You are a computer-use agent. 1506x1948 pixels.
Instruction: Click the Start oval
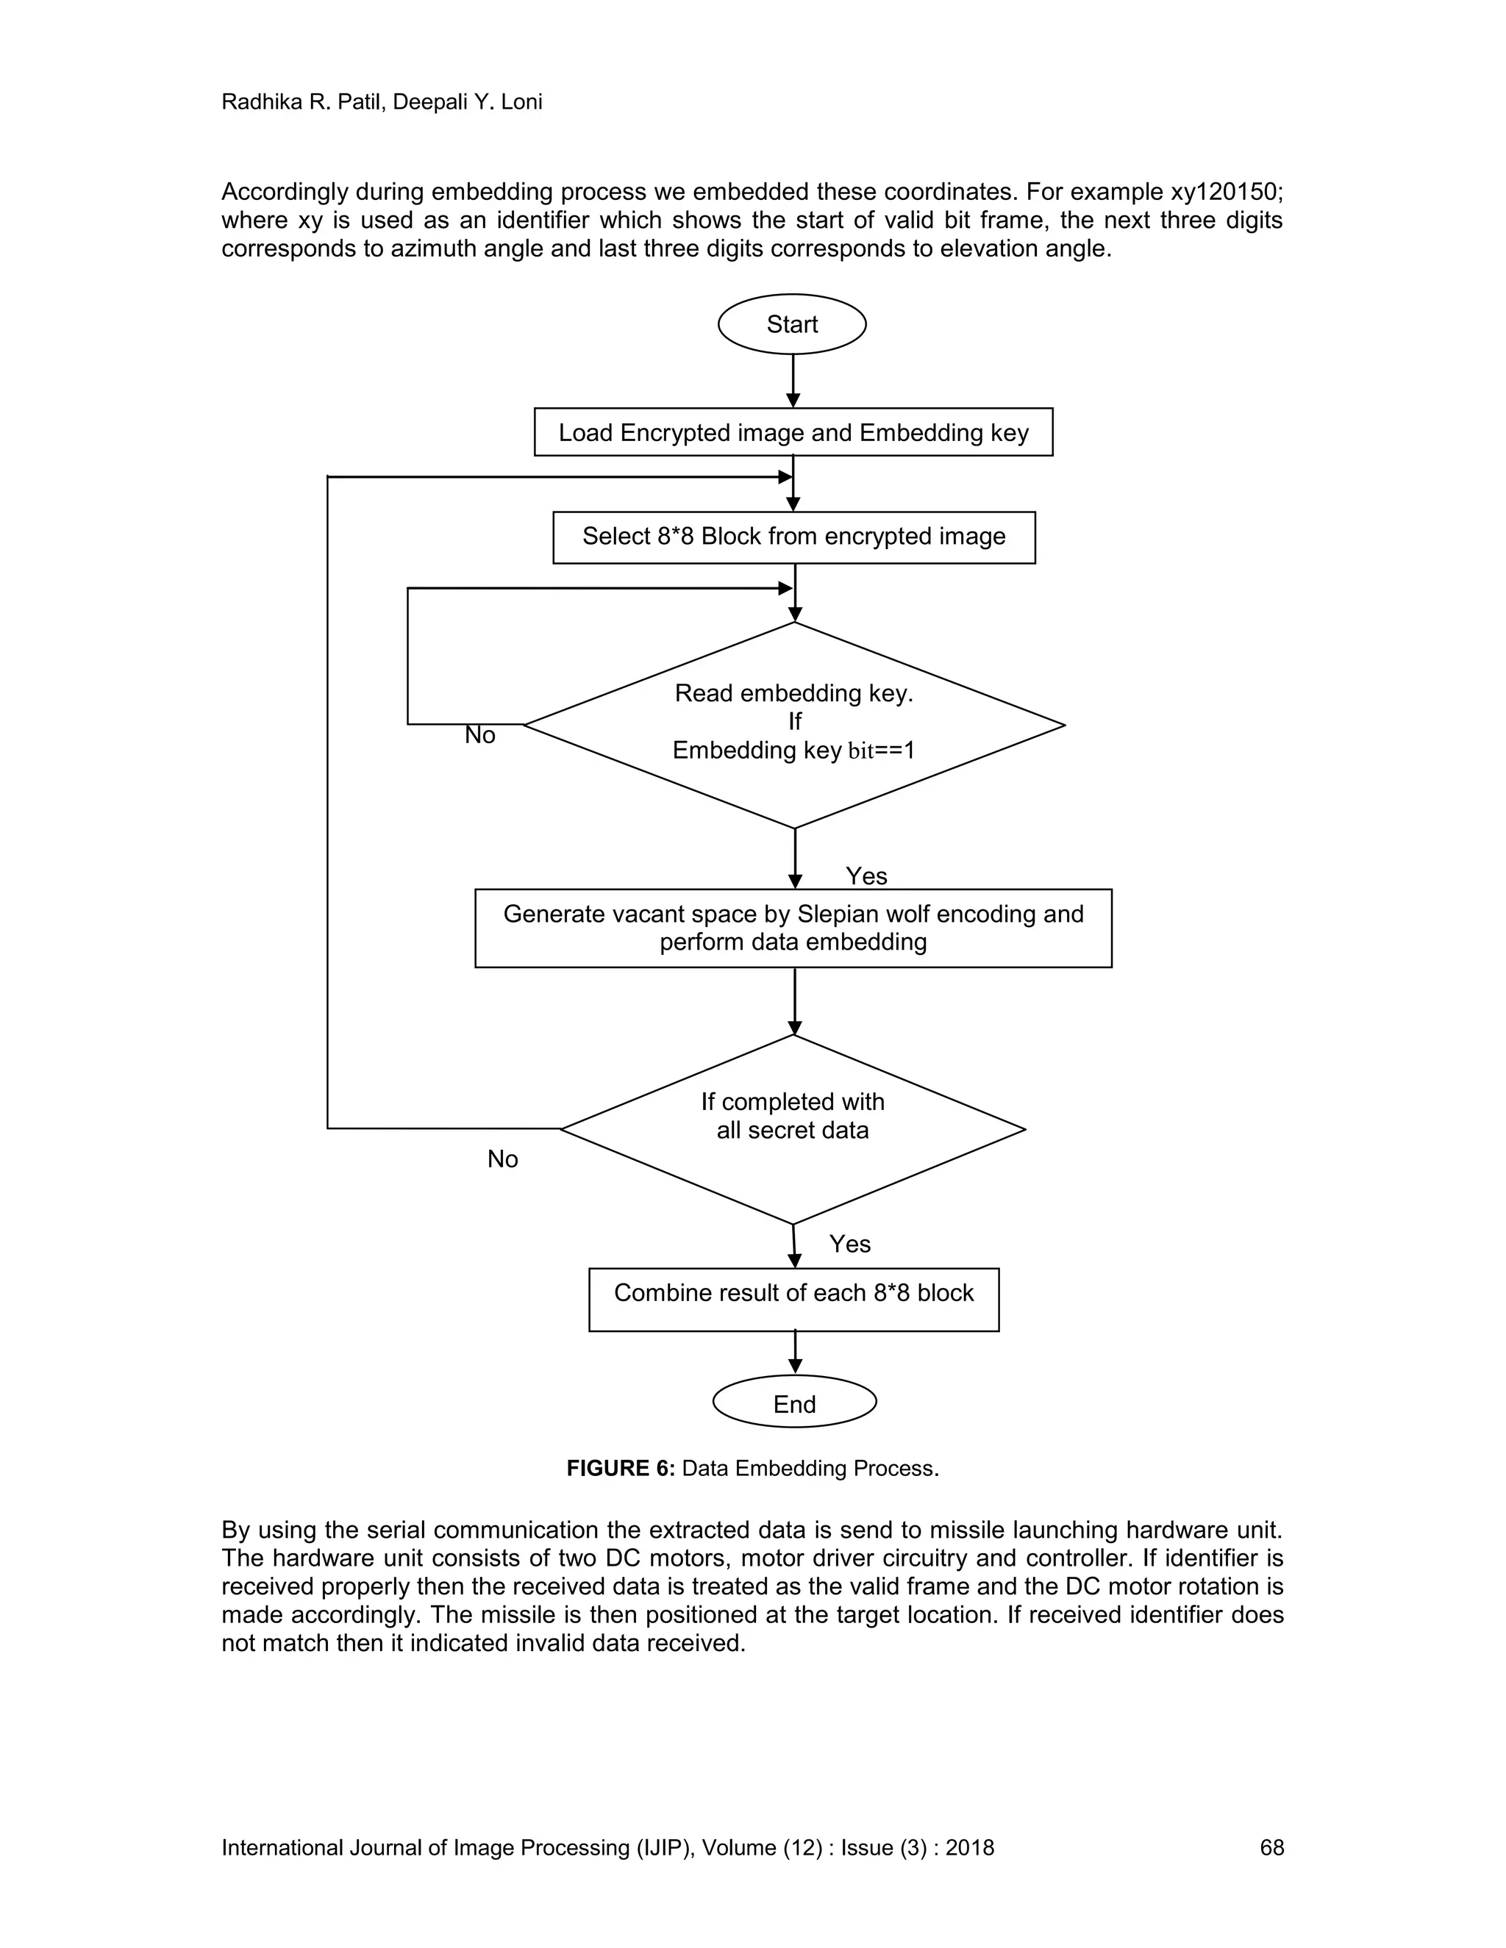click(x=791, y=323)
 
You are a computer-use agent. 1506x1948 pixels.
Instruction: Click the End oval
click(x=794, y=1404)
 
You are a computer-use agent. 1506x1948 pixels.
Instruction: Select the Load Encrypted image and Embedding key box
click(x=793, y=432)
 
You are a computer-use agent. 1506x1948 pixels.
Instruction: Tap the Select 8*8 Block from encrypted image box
click(x=793, y=537)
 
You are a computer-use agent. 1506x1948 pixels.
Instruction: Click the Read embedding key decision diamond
click(x=793, y=723)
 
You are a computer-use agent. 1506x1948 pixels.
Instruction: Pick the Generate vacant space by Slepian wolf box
click(x=793, y=928)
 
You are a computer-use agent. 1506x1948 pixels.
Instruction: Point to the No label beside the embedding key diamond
click(x=480, y=735)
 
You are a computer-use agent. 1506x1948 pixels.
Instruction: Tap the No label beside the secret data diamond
click(x=502, y=1159)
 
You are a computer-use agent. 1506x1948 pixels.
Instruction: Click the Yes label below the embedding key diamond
click(x=866, y=876)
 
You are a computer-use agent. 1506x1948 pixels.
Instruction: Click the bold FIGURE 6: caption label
click(x=620, y=1468)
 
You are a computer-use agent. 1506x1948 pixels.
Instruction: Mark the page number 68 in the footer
click(x=1271, y=1847)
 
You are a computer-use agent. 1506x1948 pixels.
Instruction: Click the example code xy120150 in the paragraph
click(x=1225, y=192)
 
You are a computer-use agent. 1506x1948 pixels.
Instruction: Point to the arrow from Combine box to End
click(x=795, y=1352)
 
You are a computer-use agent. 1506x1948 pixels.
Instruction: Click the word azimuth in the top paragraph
click(x=435, y=249)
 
